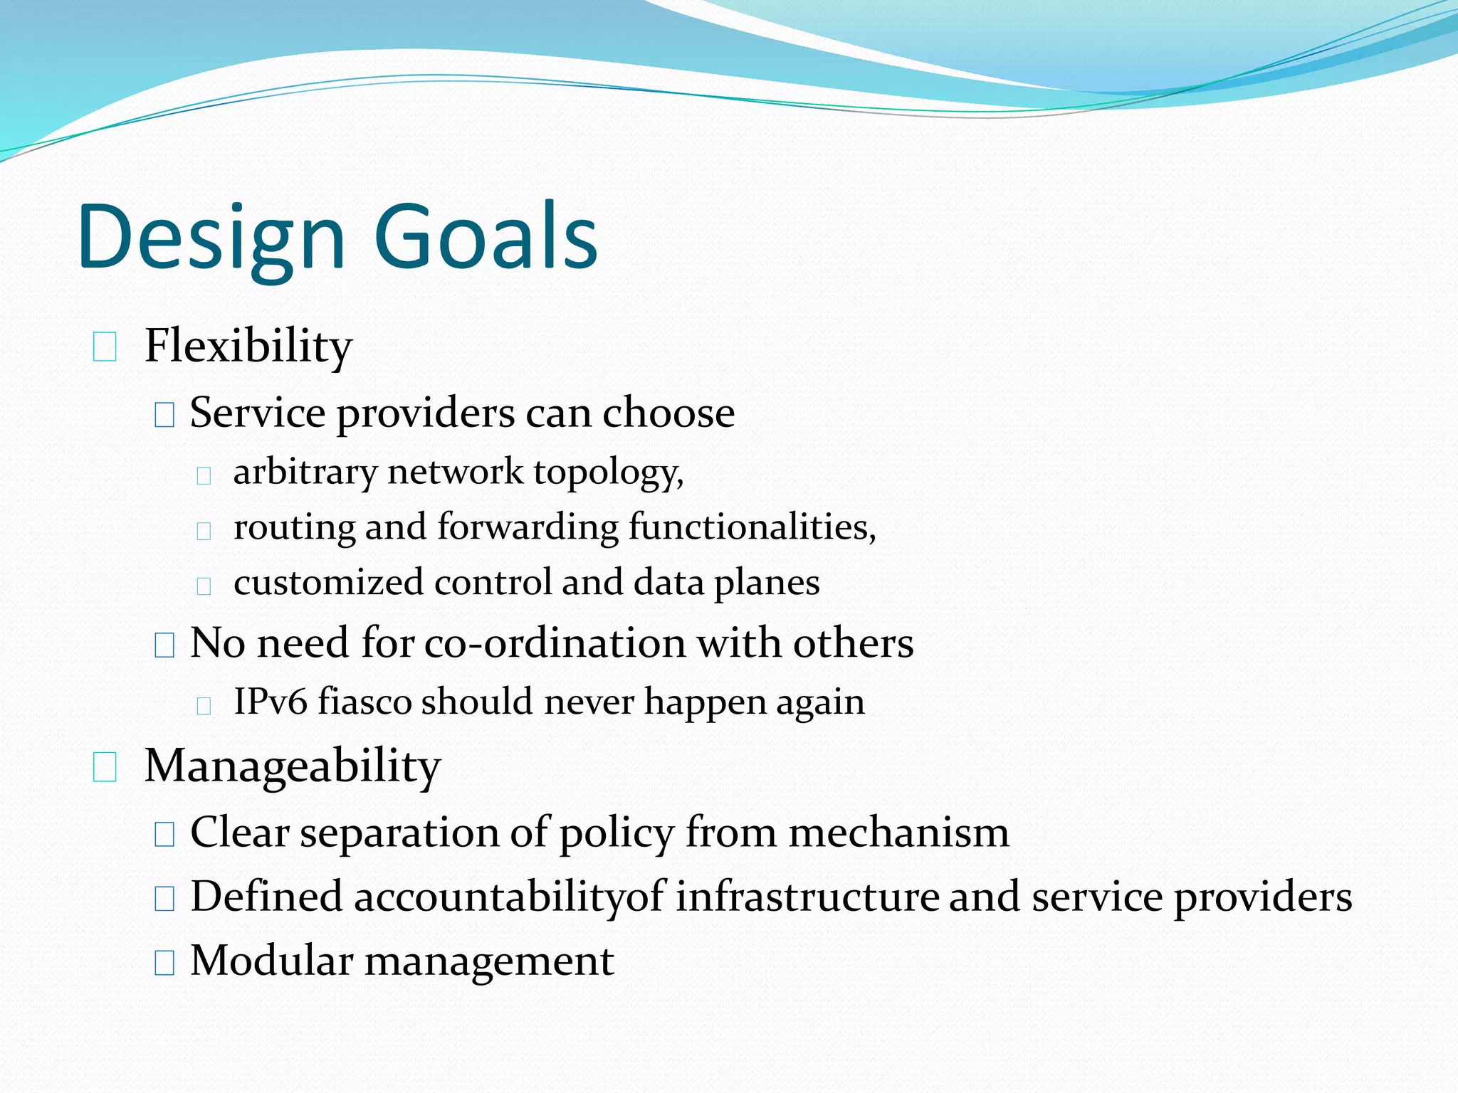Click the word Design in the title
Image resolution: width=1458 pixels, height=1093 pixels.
[211, 238]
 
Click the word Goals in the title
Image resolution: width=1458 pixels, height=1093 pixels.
[486, 238]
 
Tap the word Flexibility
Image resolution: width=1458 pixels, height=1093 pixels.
[248, 347]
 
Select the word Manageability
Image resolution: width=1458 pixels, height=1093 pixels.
[293, 766]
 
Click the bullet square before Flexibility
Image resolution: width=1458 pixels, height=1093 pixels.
[105, 347]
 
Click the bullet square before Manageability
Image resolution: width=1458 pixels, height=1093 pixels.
[105, 768]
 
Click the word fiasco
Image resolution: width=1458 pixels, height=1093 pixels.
[364, 702]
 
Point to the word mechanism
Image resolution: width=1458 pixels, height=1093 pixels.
[898, 833]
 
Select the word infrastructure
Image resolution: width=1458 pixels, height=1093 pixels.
[807, 897]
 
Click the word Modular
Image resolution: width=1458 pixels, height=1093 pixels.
[271, 961]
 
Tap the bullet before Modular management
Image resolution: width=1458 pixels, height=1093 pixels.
[164, 963]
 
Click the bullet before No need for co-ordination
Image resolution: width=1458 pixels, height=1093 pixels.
[164, 645]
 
